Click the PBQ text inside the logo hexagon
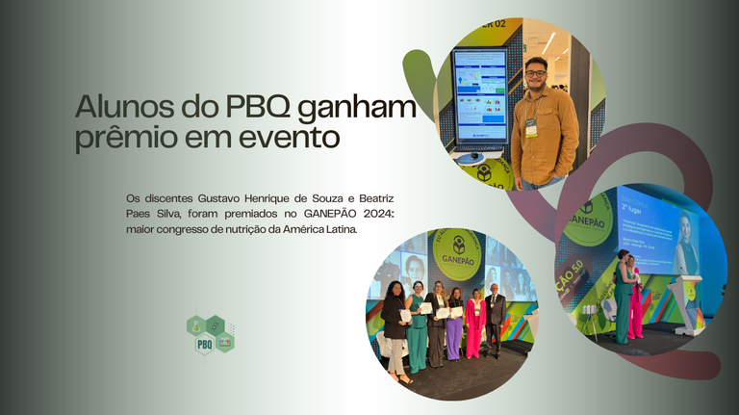[x=204, y=344]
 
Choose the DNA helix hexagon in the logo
[x=216, y=324]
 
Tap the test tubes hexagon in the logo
[x=225, y=341]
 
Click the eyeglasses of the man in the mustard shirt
[x=536, y=72]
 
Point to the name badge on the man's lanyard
[x=531, y=127]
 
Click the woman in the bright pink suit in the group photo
[x=474, y=326]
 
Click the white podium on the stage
[x=688, y=303]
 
